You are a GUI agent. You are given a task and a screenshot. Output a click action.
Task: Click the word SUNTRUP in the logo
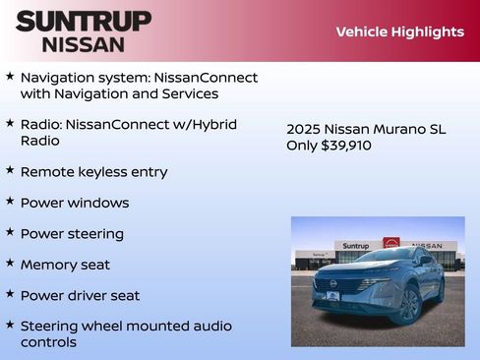(x=84, y=21)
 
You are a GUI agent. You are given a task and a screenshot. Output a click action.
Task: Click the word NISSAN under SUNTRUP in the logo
(x=84, y=43)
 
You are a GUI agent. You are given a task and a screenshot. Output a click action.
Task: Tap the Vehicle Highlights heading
(x=399, y=32)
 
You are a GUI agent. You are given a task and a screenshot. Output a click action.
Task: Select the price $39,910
(x=346, y=146)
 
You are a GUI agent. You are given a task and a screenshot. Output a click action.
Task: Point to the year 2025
(x=304, y=129)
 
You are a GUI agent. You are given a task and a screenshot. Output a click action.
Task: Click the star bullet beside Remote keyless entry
(x=10, y=170)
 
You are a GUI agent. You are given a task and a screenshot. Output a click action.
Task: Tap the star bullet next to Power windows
(x=10, y=202)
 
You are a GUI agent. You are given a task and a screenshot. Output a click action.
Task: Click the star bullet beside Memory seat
(x=10, y=264)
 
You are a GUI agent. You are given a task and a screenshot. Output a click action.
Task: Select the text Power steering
(x=72, y=234)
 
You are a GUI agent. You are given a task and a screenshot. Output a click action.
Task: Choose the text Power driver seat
(x=80, y=295)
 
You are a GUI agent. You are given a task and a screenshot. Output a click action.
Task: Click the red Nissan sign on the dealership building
(x=391, y=243)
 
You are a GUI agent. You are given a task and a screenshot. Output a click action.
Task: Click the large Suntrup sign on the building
(x=357, y=246)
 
